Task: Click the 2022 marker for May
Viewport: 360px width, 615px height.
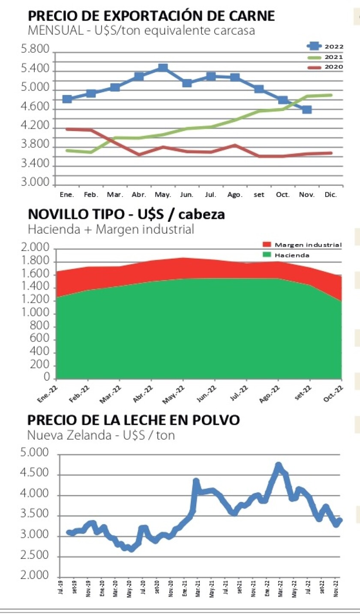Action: [x=163, y=68]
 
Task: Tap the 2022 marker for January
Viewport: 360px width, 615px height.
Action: [x=67, y=99]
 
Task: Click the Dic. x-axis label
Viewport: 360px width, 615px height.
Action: [x=331, y=194]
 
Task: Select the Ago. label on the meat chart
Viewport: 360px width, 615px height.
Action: [x=235, y=194]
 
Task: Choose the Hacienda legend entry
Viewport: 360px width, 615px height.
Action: [x=292, y=255]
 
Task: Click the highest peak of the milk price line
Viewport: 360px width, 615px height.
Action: [x=278, y=465]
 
